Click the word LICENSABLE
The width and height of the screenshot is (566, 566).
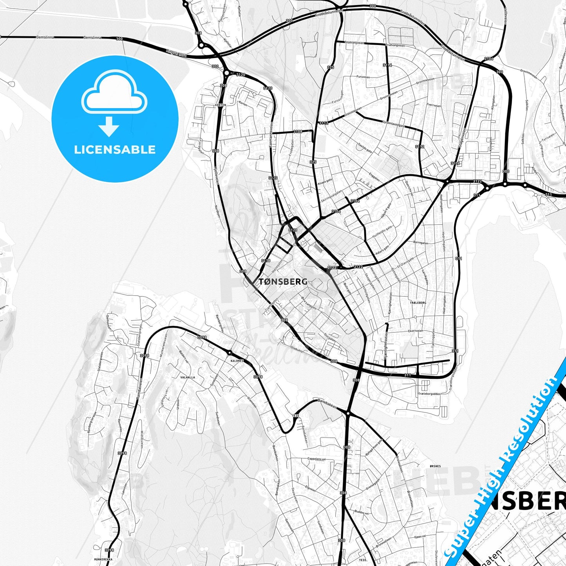point(115,150)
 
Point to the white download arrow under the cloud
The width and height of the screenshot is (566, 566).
point(109,126)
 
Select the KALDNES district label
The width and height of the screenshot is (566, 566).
point(237,361)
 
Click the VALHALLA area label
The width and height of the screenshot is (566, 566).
point(187,377)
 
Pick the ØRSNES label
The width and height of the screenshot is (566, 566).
point(435,466)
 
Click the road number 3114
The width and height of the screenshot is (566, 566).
point(387,65)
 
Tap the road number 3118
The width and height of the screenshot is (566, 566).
point(266,260)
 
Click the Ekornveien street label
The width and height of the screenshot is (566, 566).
point(416,331)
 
